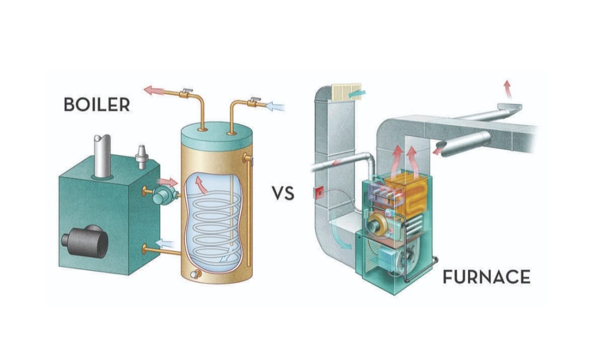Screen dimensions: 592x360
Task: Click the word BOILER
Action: pos(96,105)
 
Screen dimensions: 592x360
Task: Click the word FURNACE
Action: pos(486,277)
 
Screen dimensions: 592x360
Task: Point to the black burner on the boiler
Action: pos(86,241)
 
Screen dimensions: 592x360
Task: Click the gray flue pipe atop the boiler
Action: pos(102,156)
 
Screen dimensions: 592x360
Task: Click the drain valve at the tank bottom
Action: pos(196,275)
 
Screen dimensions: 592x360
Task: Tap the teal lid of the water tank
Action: pos(217,136)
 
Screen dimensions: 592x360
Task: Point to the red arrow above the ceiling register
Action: pos(508,89)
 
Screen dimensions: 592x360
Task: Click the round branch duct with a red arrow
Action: pos(464,144)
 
